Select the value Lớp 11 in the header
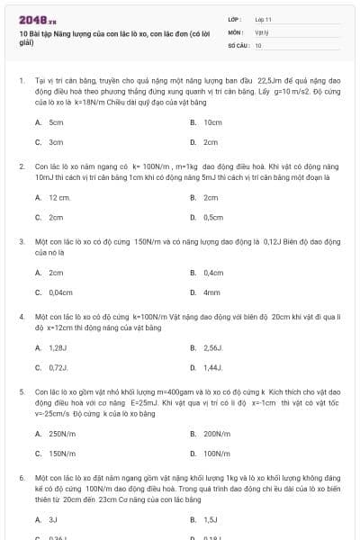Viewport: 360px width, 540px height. click(x=263, y=19)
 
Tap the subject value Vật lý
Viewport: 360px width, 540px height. click(x=261, y=31)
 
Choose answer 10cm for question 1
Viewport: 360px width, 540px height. click(x=212, y=121)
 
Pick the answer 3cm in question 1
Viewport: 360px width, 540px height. click(x=56, y=142)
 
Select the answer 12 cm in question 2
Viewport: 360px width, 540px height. click(x=59, y=197)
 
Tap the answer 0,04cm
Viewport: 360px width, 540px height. click(x=60, y=292)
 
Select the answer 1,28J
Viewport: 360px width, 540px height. click(x=58, y=347)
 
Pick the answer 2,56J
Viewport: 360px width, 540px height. click(x=212, y=347)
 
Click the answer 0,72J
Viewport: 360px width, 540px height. click(x=58, y=367)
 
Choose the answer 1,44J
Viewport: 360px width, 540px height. click(x=212, y=367)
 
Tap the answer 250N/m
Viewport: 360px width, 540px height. click(x=61, y=433)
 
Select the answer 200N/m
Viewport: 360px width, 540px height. click(x=216, y=433)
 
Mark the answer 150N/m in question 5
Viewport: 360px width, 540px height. click(x=61, y=454)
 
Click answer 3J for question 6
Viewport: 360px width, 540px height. click(x=52, y=519)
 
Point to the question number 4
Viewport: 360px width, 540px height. click(x=21, y=317)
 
